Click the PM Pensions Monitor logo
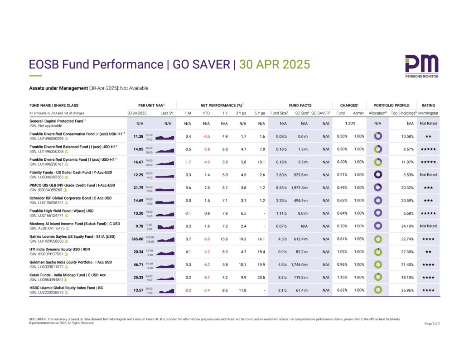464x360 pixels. [x=421, y=66]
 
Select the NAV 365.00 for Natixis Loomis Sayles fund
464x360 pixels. [x=137, y=239]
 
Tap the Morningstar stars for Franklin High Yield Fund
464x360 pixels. [x=428, y=213]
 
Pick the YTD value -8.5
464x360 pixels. [x=206, y=239]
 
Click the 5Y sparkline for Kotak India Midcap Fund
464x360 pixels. [x=165, y=278]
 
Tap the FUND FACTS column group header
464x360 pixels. [x=300, y=105]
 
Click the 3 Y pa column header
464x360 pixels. [x=242, y=113]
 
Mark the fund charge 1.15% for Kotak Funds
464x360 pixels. [x=343, y=277]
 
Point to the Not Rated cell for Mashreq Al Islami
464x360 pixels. [x=428, y=226]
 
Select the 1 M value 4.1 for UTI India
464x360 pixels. [x=188, y=252]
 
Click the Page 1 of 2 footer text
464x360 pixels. [x=432, y=323]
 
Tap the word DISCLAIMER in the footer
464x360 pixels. [x=38, y=319]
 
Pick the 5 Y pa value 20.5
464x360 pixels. [x=261, y=277]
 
